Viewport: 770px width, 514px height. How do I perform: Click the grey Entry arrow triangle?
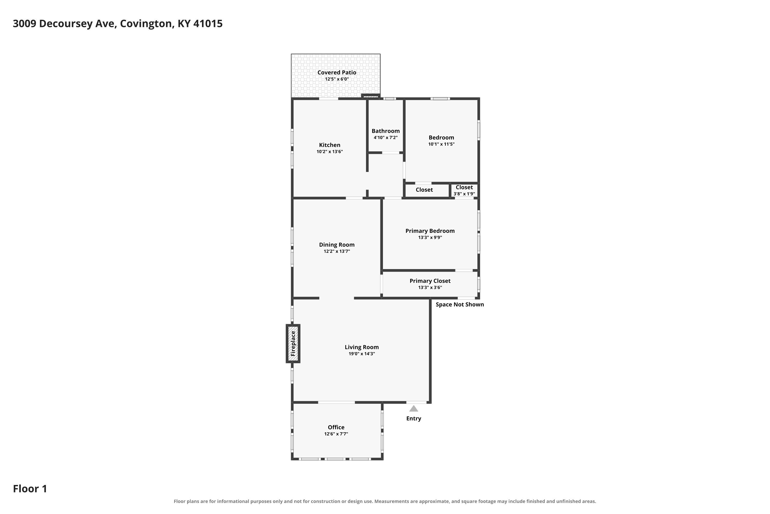[x=413, y=408]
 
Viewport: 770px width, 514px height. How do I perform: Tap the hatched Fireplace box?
[x=293, y=344]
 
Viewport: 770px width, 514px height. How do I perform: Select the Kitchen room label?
[x=330, y=145]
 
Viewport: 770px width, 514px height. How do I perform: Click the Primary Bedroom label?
[x=430, y=231]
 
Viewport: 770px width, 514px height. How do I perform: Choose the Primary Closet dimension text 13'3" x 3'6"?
[x=430, y=288]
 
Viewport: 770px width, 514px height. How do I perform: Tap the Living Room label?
[x=361, y=347]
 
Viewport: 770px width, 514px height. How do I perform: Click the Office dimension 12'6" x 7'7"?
[x=336, y=434]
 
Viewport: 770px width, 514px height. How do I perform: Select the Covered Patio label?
[x=336, y=72]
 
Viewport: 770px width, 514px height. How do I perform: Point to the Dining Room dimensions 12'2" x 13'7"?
[x=336, y=251]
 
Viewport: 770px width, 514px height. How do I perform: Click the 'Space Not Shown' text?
[x=460, y=305]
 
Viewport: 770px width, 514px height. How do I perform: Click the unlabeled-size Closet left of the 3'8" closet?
[x=424, y=190]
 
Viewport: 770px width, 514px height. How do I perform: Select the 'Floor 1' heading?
[x=30, y=489]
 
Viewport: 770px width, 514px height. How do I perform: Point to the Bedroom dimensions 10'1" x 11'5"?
[x=441, y=144]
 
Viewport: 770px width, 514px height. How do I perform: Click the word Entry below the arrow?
[x=413, y=419]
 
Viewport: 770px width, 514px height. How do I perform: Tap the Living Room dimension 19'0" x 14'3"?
[x=361, y=354]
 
